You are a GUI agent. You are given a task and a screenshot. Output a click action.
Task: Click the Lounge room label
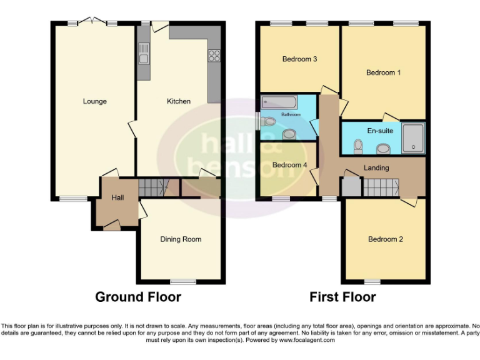click(x=95, y=101)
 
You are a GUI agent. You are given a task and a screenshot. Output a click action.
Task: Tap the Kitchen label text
click(x=178, y=101)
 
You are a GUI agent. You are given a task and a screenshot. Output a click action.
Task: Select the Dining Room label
click(x=181, y=239)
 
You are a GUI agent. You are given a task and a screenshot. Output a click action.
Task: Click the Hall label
click(x=117, y=198)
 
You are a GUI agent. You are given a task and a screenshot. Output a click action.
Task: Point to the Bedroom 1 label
click(x=383, y=73)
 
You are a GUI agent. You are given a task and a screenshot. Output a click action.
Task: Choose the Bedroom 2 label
click(x=385, y=239)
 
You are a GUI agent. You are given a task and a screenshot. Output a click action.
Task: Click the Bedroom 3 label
click(x=300, y=60)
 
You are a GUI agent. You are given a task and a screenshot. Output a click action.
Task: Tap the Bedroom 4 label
click(x=289, y=165)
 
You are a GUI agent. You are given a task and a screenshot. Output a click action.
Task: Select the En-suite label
click(x=380, y=131)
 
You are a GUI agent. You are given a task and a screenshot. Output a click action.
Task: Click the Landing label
click(x=376, y=167)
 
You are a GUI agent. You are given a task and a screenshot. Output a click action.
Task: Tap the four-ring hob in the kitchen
click(x=214, y=54)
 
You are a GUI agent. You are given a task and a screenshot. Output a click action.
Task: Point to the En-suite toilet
click(x=358, y=146)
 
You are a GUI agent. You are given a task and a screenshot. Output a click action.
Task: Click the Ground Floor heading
click(x=138, y=297)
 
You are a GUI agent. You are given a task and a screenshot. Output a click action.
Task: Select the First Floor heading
click(x=342, y=297)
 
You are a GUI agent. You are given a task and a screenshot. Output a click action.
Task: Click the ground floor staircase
click(x=154, y=186)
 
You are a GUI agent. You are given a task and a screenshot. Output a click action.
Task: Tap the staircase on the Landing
click(x=381, y=186)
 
